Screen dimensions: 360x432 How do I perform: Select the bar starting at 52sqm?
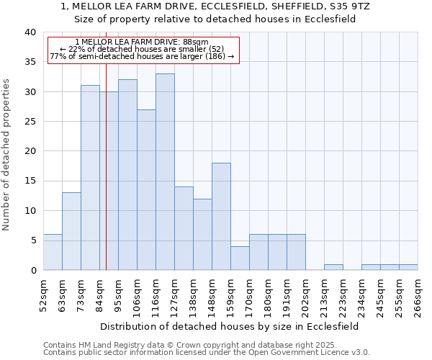point(53,252)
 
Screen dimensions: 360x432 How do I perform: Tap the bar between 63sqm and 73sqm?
point(71,231)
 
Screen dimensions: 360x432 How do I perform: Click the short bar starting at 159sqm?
point(240,258)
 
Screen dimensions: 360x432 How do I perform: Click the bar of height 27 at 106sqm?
point(146,189)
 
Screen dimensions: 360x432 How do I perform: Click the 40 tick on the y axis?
point(30,32)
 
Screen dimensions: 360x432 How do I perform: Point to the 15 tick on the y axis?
point(30,181)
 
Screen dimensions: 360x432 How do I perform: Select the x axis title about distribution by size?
point(229,326)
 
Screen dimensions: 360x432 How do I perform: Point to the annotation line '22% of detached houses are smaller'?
point(142,49)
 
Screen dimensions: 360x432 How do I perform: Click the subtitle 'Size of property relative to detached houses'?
point(215,19)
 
